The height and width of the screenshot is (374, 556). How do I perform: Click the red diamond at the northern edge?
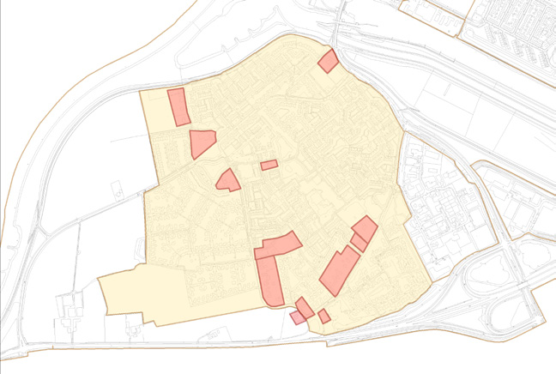(327, 61)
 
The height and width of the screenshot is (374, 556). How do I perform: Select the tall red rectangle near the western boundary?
(178, 106)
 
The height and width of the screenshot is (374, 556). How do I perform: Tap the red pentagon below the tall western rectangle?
(201, 143)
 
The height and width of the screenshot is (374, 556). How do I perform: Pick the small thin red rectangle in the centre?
(269, 165)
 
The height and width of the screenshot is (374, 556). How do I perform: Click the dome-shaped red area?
(228, 180)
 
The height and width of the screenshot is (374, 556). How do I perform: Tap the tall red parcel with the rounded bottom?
(270, 280)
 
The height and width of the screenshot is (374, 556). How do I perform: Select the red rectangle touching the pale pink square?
(305, 306)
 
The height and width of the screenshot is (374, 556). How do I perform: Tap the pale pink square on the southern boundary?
(297, 317)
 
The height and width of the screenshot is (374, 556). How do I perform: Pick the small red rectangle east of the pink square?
(324, 317)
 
